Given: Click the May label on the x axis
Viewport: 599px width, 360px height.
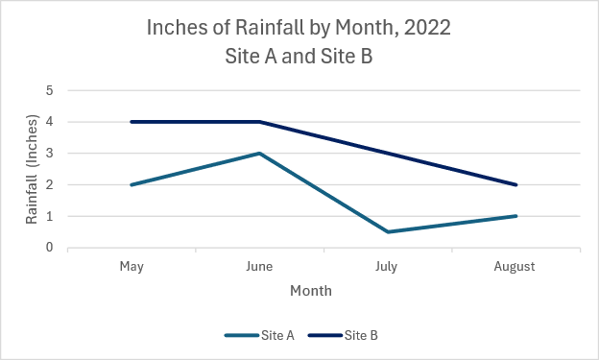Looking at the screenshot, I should pyautogui.click(x=132, y=266).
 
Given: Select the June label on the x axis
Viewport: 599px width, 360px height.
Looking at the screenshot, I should pyautogui.click(x=259, y=266).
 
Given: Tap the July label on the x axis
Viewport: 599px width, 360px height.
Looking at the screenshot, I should pyautogui.click(x=388, y=266).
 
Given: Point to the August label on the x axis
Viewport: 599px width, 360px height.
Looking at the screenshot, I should pyautogui.click(x=515, y=266).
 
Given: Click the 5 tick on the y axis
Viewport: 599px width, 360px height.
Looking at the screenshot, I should pyautogui.click(x=49, y=90).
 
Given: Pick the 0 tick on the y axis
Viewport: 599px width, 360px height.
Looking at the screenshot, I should pyautogui.click(x=49, y=248).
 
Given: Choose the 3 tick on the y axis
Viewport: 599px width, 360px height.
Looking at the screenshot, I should pyautogui.click(x=49, y=154).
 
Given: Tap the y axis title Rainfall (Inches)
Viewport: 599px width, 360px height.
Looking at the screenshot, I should pyautogui.click(x=32, y=169).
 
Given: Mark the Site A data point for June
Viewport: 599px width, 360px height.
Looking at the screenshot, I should pyautogui.click(x=259, y=154).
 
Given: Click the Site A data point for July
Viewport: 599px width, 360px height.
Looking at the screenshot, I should pyautogui.click(x=388, y=231).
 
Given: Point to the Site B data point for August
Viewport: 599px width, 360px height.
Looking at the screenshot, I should pyautogui.click(x=515, y=184).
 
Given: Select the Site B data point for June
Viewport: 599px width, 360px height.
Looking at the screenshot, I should pyautogui.click(x=259, y=122).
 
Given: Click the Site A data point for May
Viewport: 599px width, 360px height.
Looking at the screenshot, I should pyautogui.click(x=132, y=184).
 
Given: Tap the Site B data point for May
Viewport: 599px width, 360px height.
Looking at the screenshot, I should pyautogui.click(x=132, y=122).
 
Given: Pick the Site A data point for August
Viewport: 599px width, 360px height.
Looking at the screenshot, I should pyautogui.click(x=515, y=216).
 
